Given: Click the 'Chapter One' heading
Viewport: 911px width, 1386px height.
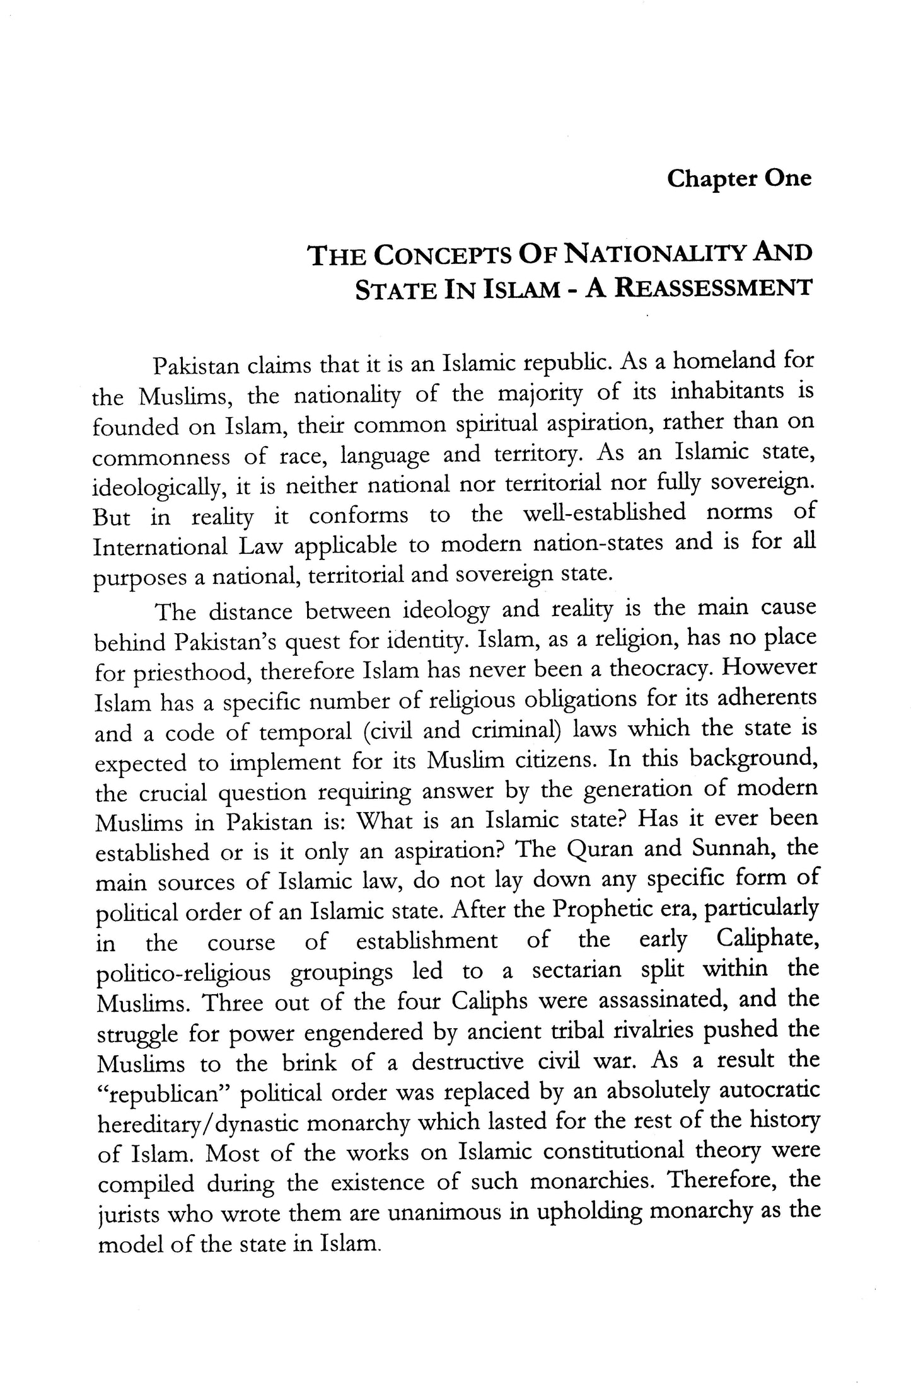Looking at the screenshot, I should point(739,179).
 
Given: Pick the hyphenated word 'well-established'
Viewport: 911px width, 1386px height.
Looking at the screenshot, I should point(604,514).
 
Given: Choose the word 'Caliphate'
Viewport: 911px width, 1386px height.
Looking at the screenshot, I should point(767,939).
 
